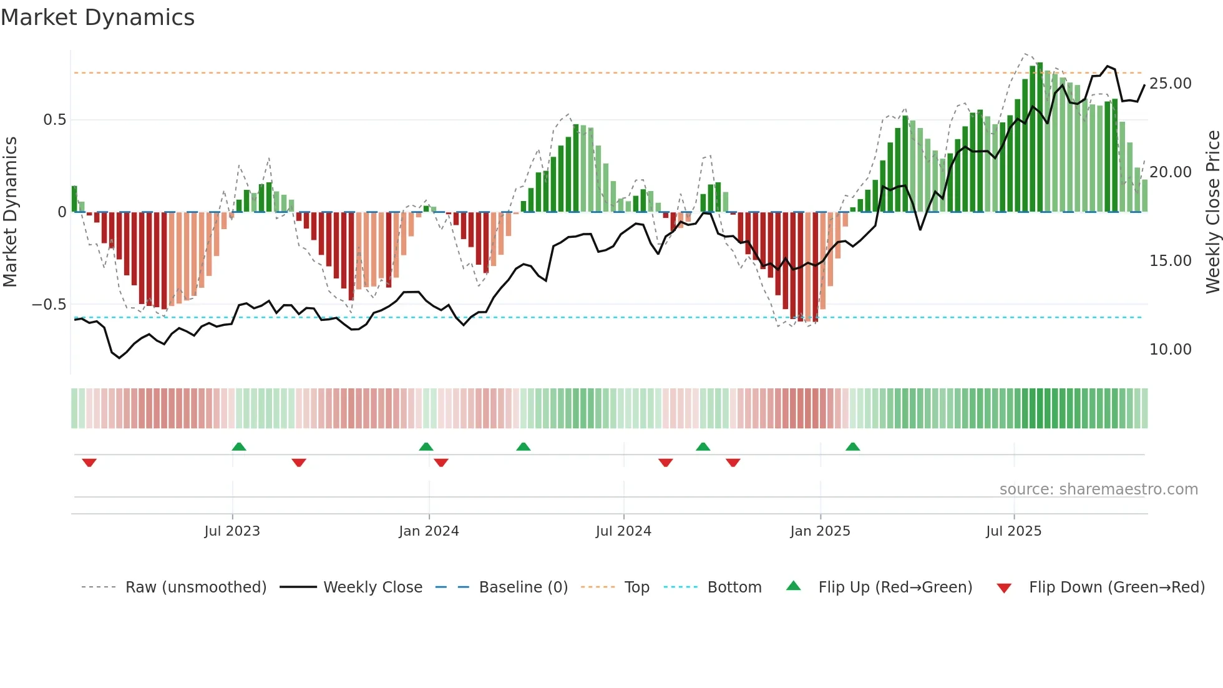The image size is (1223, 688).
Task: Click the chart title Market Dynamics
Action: pyautogui.click(x=97, y=17)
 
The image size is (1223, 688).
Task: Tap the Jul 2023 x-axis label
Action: pyautogui.click(x=232, y=531)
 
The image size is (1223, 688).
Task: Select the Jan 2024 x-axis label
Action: pyautogui.click(x=429, y=531)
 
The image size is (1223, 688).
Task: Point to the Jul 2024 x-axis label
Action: pyautogui.click(x=623, y=531)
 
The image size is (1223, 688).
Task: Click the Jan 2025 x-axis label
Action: pyautogui.click(x=820, y=531)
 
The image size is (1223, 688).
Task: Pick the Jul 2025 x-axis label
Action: pyautogui.click(x=1014, y=531)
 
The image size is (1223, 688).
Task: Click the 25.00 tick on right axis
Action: pyautogui.click(x=1170, y=84)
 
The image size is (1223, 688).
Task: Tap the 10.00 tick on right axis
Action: pyautogui.click(x=1170, y=350)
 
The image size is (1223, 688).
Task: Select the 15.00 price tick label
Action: pyautogui.click(x=1170, y=261)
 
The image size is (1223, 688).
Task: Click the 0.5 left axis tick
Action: pyautogui.click(x=54, y=120)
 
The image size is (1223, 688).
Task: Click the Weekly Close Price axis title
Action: pyautogui.click(x=1212, y=212)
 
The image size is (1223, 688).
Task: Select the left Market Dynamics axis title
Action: pyautogui.click(x=10, y=212)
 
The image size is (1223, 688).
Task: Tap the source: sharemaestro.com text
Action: pyautogui.click(x=1098, y=489)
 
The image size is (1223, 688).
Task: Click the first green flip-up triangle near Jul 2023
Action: pyautogui.click(x=239, y=446)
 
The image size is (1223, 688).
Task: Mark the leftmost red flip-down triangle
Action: pyautogui.click(x=89, y=463)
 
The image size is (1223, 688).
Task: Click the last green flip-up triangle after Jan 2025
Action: pyautogui.click(x=852, y=446)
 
